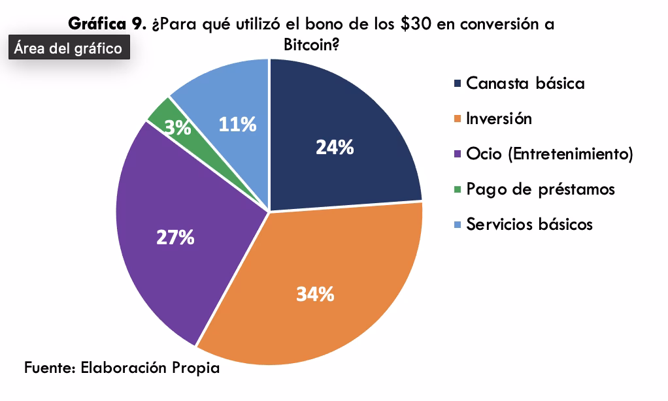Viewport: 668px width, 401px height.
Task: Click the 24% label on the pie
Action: [335, 148]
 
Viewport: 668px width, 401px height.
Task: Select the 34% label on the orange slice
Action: [315, 295]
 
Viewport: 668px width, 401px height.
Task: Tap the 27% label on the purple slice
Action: [175, 238]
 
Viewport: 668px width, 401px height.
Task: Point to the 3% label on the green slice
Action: [177, 128]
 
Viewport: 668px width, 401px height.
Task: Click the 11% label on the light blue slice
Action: [237, 124]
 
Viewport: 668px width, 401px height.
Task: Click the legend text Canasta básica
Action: [525, 84]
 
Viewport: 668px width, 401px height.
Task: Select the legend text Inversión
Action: [499, 119]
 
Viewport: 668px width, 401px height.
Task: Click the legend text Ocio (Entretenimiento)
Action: [549, 154]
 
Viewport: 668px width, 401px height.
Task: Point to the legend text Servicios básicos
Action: [529, 225]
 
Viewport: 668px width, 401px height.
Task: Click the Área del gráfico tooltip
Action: [69, 48]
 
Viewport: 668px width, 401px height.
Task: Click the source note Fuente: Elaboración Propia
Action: [122, 368]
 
